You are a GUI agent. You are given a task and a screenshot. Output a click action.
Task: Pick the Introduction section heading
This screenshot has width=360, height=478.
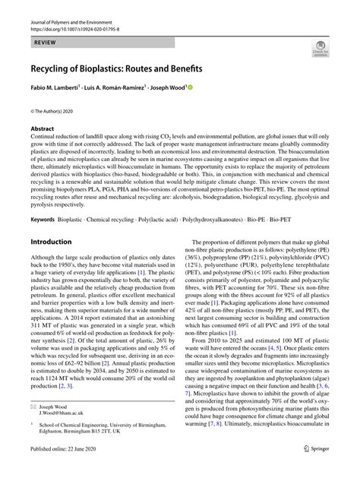56,242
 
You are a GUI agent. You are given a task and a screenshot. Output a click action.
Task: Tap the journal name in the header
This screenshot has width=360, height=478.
76,25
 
